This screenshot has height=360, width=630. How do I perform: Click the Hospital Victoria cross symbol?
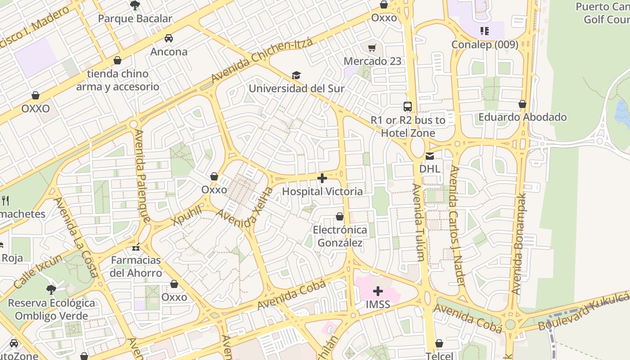322,178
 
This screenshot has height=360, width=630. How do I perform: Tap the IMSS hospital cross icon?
378,291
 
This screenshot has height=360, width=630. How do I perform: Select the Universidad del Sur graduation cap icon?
296,75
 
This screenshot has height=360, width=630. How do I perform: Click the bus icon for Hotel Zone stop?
408,107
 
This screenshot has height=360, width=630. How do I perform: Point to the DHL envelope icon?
430,156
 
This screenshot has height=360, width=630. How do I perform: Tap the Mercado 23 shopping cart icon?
372,48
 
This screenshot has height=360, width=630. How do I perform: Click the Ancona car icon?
169,38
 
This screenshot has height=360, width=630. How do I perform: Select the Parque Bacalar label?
135,18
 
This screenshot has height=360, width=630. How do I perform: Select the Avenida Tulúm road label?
418,222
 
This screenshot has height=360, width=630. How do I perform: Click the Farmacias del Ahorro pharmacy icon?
136,247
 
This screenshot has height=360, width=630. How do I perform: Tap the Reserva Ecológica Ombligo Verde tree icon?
51,289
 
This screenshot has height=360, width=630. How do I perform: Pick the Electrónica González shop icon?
340,217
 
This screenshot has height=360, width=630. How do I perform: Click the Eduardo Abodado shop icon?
522,104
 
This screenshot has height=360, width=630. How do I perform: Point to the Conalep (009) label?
485,44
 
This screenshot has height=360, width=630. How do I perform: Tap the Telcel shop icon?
439,344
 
